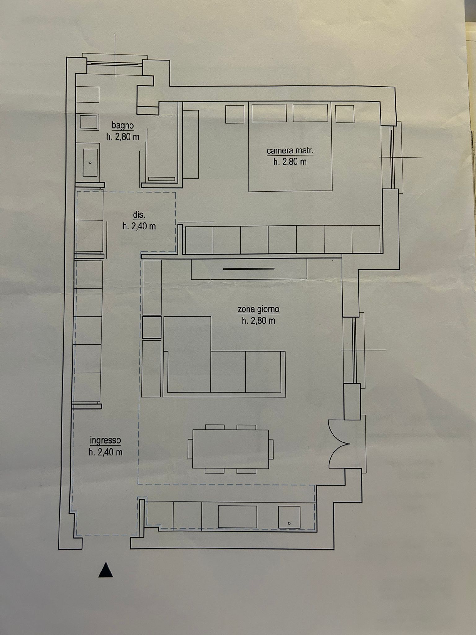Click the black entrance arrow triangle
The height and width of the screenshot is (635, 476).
coord(105,570)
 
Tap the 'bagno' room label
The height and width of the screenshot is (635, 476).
coord(123,126)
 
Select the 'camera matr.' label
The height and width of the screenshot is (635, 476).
coord(290,151)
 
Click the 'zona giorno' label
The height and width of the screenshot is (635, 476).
coord(258,309)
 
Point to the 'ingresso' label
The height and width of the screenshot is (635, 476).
coord(105,440)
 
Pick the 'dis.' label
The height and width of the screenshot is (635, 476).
coord(139,215)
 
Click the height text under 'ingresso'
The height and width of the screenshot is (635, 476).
coord(105,452)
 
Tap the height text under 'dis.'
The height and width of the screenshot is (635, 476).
coord(139,226)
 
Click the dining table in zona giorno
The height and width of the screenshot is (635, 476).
coord(231,449)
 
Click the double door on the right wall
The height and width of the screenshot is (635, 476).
coord(339,444)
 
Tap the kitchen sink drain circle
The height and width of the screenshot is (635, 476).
coord(289,523)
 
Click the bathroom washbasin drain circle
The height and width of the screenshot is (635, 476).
coord(90,162)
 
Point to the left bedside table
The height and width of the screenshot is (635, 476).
coord(235,114)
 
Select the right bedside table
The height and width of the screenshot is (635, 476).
coord(345,114)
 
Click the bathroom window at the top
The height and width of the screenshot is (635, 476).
coord(114,64)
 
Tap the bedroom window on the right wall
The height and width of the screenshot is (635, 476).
coord(392,157)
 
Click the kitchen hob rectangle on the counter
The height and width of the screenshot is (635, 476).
coord(238,517)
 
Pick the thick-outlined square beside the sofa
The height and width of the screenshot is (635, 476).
coord(152,327)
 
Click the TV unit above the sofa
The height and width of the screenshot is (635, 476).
coord(249,269)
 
